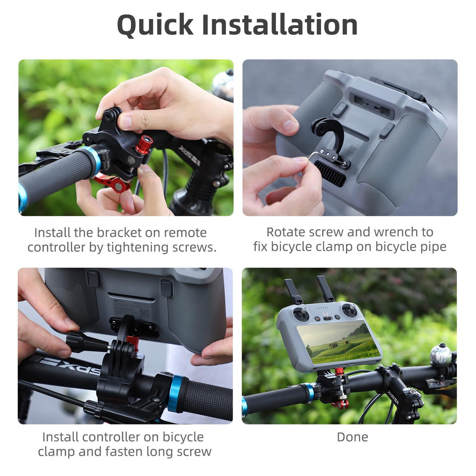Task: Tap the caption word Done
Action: pyautogui.click(x=352, y=437)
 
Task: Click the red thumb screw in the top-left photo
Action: pyautogui.click(x=144, y=145)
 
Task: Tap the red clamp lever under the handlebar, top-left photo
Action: pyautogui.click(x=113, y=182)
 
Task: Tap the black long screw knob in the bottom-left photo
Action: pyautogui.click(x=84, y=342)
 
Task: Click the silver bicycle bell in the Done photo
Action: pyautogui.click(x=441, y=354)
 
